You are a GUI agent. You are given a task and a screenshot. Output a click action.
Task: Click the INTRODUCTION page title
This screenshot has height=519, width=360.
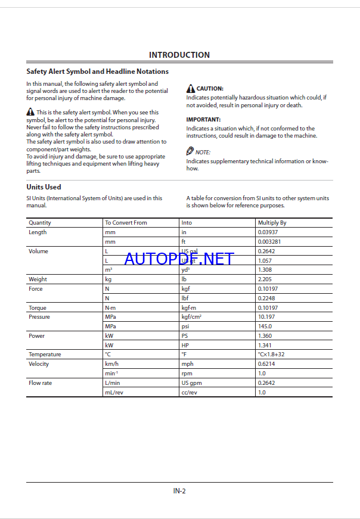tap(179, 55)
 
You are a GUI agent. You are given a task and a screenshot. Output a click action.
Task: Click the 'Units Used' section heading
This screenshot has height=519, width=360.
tap(44, 187)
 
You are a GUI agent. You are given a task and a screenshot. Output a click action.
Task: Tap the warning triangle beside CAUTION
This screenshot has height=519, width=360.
tap(191, 88)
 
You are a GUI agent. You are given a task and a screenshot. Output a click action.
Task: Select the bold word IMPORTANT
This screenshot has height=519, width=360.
tap(203, 120)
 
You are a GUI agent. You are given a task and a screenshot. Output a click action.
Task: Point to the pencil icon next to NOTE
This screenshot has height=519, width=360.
tap(190, 151)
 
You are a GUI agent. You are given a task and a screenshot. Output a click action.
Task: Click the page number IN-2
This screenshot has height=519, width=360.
tap(179, 491)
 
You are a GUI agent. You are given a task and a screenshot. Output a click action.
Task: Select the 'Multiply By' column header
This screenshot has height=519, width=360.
tap(272, 223)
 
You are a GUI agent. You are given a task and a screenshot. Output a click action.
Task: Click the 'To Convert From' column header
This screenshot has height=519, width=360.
tap(126, 223)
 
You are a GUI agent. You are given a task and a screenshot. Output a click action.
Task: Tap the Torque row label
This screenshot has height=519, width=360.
tap(38, 308)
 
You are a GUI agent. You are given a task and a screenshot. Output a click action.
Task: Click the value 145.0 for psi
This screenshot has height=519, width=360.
tap(265, 327)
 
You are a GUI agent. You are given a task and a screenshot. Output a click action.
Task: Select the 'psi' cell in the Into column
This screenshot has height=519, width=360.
tap(185, 327)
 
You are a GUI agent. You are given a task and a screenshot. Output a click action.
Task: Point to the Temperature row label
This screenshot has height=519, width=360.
tap(45, 355)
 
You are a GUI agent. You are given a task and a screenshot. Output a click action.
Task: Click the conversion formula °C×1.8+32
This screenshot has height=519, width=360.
tap(274, 355)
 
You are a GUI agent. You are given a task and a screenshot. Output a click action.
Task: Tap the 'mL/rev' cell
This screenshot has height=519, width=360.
tap(114, 393)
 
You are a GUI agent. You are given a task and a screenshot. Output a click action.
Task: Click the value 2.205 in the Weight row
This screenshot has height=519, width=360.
tap(265, 279)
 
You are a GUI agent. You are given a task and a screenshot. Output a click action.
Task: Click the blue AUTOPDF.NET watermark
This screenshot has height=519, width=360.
tap(179, 259)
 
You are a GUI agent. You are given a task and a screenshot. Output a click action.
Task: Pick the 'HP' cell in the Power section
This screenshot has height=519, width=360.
tap(185, 346)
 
